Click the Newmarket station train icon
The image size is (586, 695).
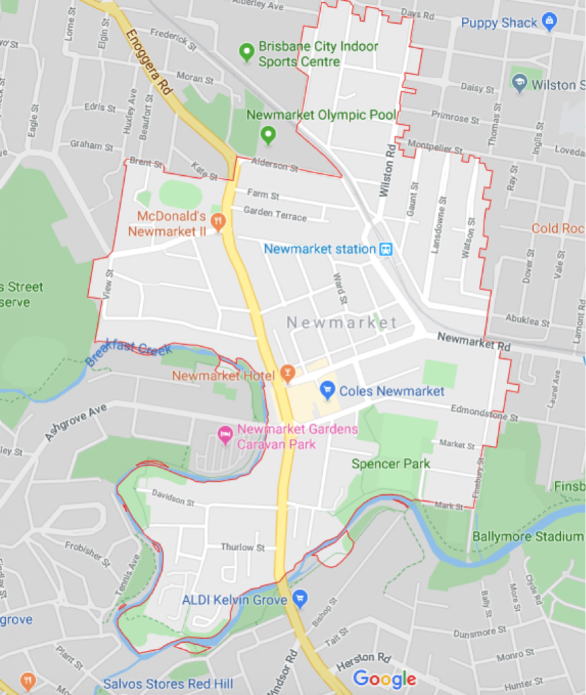[386, 249]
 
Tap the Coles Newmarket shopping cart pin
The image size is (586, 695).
[328, 390]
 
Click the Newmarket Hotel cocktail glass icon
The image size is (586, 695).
[288, 374]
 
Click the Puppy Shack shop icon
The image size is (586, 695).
[549, 22]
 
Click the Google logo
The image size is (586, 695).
[384, 678]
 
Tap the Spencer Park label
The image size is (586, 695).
[391, 464]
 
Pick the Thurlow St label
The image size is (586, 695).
[242, 547]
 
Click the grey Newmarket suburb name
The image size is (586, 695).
[341, 322]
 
